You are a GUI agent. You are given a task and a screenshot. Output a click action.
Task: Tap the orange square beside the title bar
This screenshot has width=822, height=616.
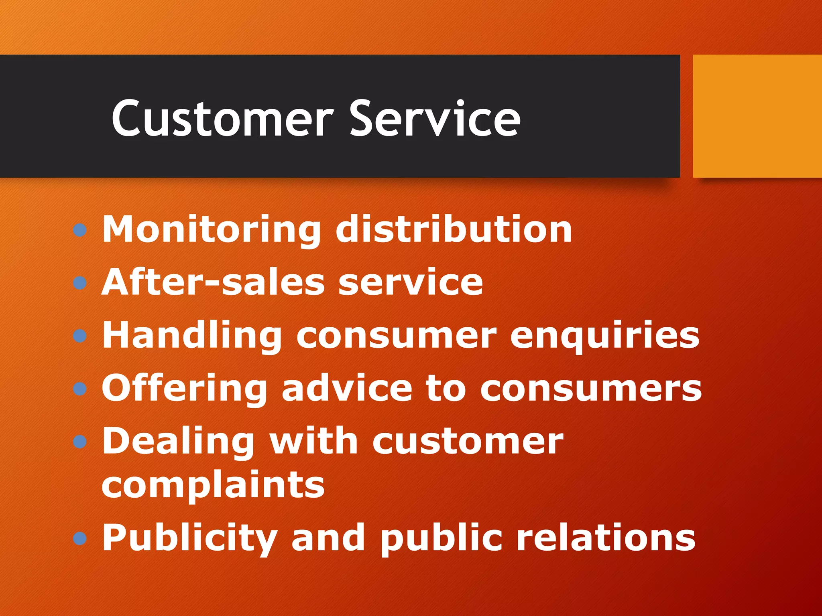point(757,116)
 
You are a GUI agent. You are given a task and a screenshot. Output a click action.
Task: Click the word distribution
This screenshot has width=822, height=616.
point(454,229)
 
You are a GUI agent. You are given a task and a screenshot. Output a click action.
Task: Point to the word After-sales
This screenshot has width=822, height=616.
point(213,282)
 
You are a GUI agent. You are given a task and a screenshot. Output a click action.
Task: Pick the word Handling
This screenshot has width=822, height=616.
point(192,336)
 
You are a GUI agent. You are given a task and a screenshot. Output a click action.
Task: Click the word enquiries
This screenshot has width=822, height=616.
point(605,336)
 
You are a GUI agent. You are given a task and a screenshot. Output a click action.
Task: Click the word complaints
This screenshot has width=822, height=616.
point(213,485)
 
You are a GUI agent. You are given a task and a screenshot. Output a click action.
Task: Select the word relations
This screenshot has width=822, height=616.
point(606,538)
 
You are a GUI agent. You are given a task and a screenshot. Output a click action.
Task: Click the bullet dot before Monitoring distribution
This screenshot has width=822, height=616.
point(80,230)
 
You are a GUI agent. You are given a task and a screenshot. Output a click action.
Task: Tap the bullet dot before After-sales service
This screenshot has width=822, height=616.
point(80,283)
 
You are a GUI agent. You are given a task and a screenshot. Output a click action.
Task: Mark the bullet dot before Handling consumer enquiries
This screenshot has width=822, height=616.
point(80,336)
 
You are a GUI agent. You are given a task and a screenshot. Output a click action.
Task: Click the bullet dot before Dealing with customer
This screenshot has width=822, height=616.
point(80,442)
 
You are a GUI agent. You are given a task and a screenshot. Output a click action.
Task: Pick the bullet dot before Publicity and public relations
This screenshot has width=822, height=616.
point(80,538)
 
